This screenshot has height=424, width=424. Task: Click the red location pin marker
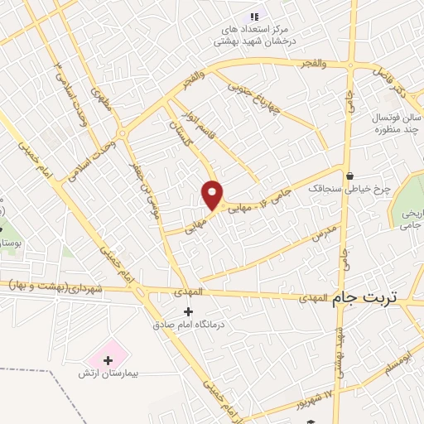pos(213,194)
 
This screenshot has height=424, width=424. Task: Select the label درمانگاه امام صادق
pos(188,325)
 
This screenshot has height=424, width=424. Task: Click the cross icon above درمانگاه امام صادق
pos(188,312)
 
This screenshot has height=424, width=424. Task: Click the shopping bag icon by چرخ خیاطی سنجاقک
pos(351,176)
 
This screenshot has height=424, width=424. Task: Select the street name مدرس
pos(324,233)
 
